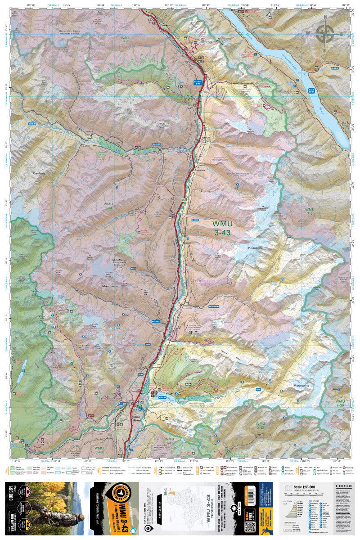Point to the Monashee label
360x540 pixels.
point(254,248)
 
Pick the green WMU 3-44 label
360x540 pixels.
point(108,206)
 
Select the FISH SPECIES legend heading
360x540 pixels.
point(313,497)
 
